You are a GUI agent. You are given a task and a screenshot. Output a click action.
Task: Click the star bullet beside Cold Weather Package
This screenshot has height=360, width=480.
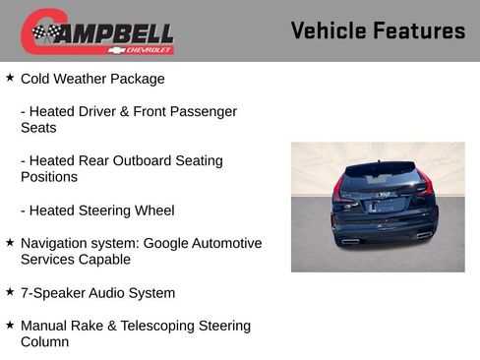click(x=10, y=78)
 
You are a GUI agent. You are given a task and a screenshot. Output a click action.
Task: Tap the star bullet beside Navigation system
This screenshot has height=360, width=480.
click(x=10, y=242)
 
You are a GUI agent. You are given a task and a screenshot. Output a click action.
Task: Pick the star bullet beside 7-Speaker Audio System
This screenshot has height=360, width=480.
click(x=10, y=292)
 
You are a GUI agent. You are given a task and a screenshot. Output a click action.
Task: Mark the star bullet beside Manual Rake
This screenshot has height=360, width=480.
click(x=10, y=325)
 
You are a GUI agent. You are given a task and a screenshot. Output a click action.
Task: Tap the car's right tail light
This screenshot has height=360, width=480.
click(x=423, y=187)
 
